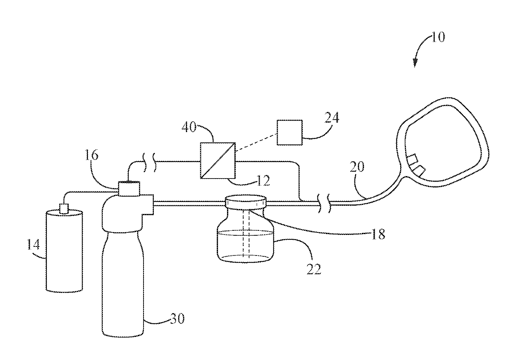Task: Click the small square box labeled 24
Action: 289,132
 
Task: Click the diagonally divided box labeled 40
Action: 218,160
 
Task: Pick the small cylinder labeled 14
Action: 64,252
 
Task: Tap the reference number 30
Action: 178,318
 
